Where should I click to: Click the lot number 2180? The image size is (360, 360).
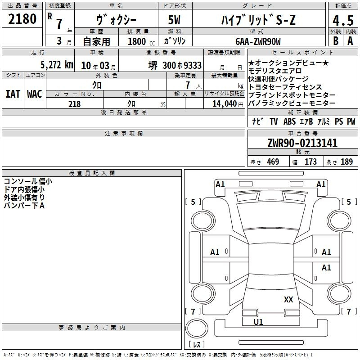pos(22,19)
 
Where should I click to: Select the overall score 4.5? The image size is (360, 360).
pos(343,21)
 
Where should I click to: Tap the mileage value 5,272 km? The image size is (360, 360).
pos(57,65)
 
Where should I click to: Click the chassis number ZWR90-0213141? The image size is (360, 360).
pos(302,143)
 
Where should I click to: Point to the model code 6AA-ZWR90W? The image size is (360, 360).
pos(258,41)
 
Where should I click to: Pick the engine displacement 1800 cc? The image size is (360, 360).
pos(141,41)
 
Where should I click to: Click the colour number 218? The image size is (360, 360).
pos(74,104)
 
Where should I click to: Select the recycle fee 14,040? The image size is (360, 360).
pos(225,104)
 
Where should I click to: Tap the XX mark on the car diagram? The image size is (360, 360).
pos(288,299)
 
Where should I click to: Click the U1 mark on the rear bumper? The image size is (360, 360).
pos(258,322)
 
